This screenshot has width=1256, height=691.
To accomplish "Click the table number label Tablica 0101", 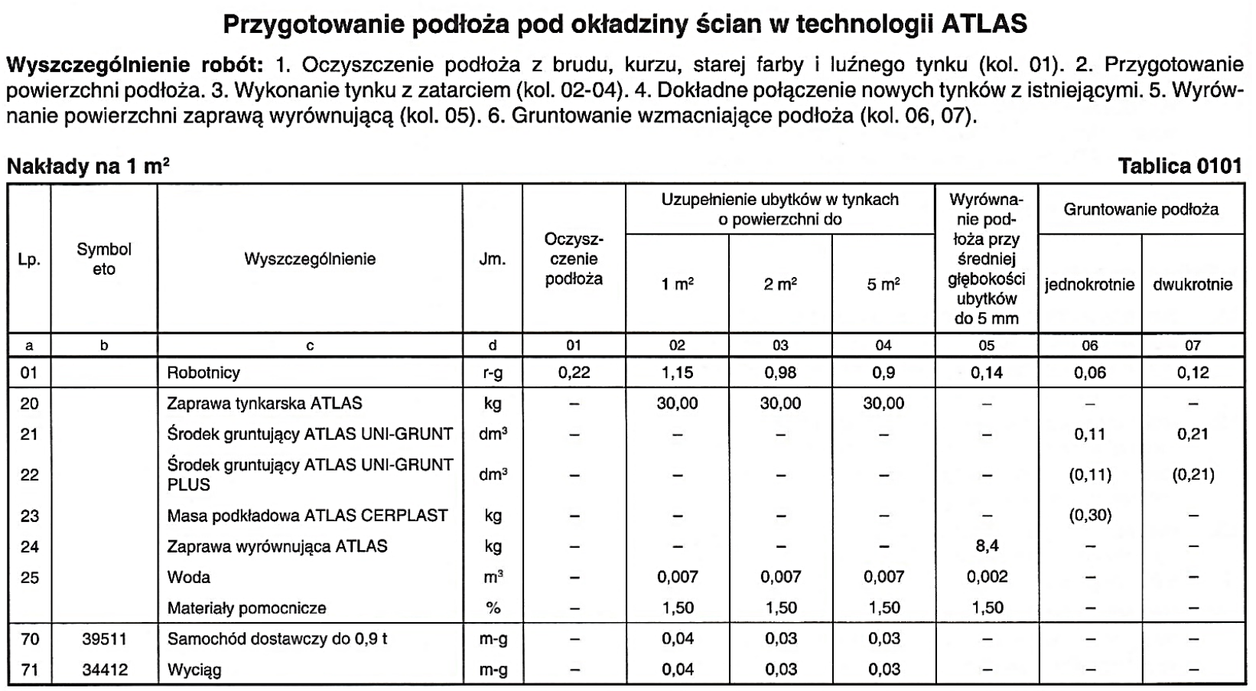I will point(1180,166).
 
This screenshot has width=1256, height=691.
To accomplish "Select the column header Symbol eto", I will point(104,259).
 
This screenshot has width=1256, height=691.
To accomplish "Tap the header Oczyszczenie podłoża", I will point(574,259).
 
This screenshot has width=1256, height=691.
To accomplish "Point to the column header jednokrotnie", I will point(1089,285).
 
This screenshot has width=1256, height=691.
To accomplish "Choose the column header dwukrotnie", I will point(1193,285).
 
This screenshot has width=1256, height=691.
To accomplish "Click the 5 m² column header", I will point(883,285).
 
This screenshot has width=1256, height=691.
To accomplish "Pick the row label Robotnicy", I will point(203,373).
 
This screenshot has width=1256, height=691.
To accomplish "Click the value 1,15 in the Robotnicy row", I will point(677,373).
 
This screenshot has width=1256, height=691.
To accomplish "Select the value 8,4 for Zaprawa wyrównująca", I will point(987,546).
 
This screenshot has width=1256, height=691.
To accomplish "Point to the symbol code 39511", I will point(104,638).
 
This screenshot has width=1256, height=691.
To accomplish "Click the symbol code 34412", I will point(104,670).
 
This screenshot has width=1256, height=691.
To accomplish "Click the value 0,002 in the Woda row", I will point(987,577).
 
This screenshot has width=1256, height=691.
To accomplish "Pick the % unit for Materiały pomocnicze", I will point(493,608).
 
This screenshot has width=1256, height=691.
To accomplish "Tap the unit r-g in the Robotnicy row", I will point(493,373).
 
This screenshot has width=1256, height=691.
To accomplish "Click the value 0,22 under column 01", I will point(574,373).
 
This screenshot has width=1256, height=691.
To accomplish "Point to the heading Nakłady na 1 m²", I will point(88,166).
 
